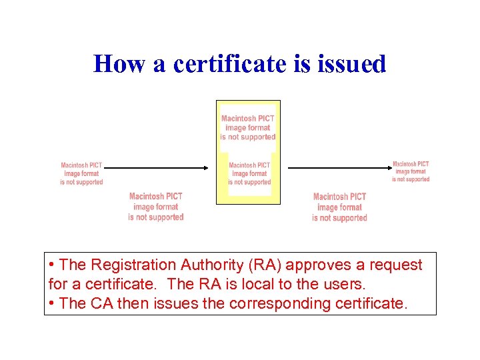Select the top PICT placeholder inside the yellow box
(248, 127)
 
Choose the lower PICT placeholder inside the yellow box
(249, 173)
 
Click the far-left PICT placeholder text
(81, 173)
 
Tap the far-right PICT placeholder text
(411, 171)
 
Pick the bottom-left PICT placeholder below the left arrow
(155, 207)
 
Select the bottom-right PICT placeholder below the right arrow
(339, 207)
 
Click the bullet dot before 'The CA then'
(51, 303)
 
